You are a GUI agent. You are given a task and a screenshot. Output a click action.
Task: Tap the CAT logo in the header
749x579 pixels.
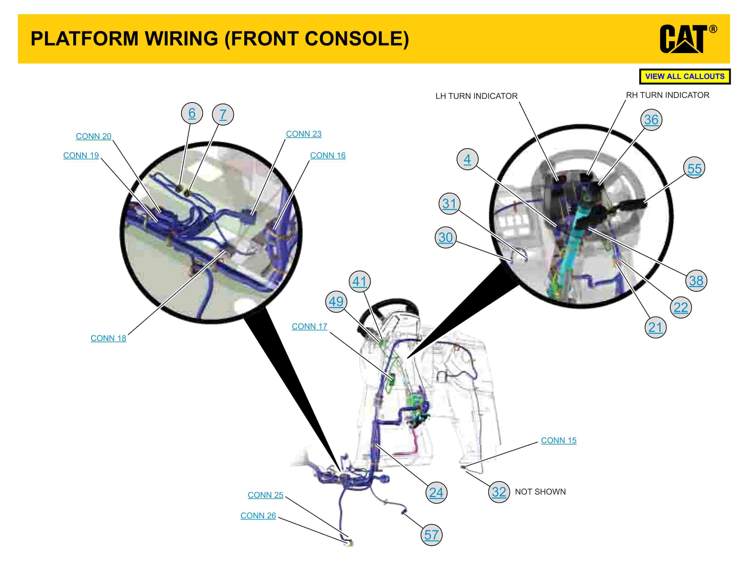[684, 39]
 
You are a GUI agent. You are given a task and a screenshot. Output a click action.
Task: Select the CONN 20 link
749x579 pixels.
[94, 136]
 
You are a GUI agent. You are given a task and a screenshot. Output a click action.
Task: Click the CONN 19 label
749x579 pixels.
[81, 155]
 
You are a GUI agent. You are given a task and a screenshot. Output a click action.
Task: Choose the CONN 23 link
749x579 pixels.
[304, 134]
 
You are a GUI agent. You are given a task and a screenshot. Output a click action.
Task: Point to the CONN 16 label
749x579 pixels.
[327, 155]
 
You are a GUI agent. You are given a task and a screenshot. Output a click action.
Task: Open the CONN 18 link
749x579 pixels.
[108, 338]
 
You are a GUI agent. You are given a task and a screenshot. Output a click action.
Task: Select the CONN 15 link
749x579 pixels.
[558, 440]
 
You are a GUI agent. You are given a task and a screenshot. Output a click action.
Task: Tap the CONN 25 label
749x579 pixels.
[266, 495]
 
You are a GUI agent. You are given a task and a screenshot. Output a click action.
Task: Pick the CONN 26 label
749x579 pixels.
[258, 516]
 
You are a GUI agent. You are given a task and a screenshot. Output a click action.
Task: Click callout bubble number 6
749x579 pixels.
[192, 113]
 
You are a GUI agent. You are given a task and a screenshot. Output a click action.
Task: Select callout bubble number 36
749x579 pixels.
[651, 120]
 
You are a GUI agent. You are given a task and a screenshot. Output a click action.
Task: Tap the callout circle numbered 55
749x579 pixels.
[694, 168]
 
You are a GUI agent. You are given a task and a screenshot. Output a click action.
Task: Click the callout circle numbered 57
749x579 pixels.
[431, 535]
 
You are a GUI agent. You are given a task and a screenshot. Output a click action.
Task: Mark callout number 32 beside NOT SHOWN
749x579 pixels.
[499, 492]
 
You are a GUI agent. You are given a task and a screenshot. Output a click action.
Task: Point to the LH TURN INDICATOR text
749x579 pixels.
[476, 96]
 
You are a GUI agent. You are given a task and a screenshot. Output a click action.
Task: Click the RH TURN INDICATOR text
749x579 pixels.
[667, 95]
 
